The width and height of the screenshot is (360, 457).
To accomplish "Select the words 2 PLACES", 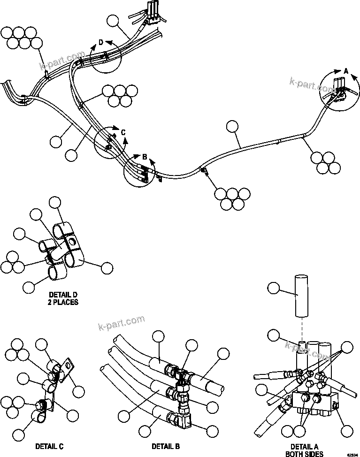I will coord(63,302).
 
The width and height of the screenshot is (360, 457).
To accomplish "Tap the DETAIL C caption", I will coord(49,446).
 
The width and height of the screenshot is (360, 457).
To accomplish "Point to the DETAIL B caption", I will coord(165,446).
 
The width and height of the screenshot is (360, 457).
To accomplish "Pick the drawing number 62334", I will coord(352,454).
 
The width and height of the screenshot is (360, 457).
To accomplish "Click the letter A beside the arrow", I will coord(346,71).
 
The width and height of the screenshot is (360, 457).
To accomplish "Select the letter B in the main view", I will coord(145,156).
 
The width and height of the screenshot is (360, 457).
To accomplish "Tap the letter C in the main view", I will coord(123,133).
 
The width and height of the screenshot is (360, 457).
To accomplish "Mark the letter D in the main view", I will coord(100,43).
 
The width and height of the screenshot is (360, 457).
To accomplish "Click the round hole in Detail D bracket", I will coord(71,242).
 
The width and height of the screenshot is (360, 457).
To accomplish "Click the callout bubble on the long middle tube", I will coord(233,126).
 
